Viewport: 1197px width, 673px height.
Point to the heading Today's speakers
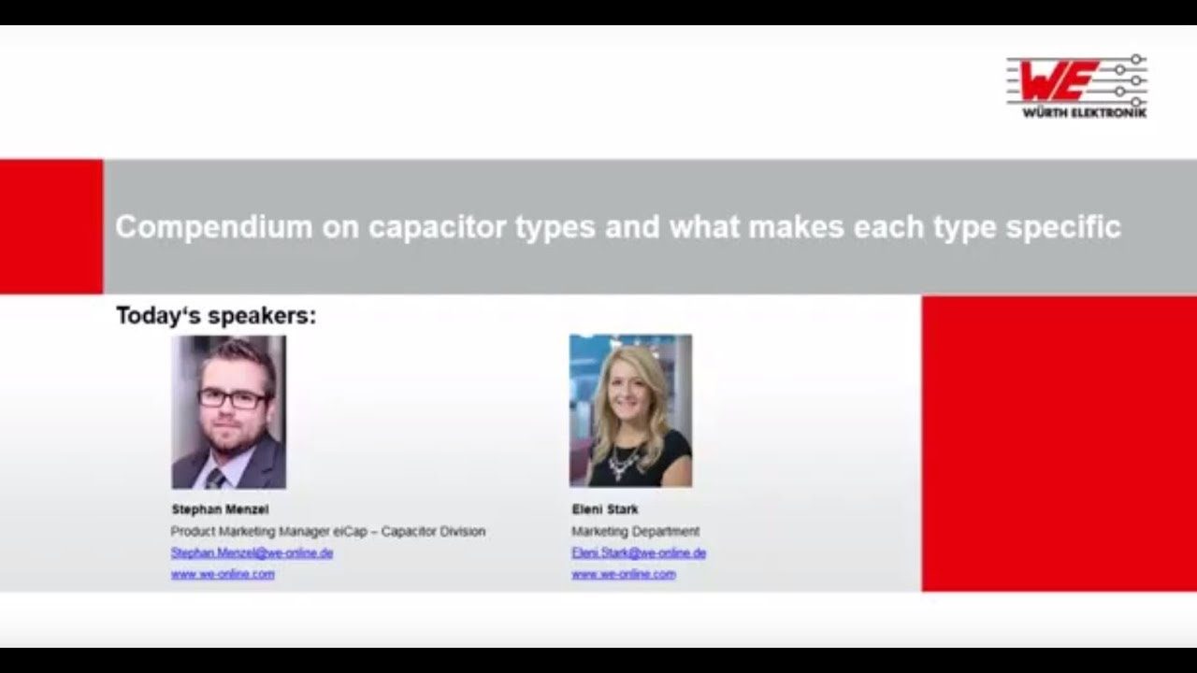tap(216, 316)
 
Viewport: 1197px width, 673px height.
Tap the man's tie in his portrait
tap(216, 478)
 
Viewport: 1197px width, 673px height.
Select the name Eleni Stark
tap(605, 509)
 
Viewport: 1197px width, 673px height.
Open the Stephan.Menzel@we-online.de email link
tap(252, 552)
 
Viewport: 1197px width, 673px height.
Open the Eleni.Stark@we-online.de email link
tap(639, 552)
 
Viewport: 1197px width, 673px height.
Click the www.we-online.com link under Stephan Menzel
tap(223, 574)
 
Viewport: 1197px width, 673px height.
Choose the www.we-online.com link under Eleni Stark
tap(623, 574)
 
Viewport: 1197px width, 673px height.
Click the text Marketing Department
tap(635, 531)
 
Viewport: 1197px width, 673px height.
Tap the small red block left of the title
tap(51, 226)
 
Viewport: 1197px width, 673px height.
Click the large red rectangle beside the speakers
tap(1059, 443)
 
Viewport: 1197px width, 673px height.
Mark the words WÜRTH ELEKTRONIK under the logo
tap(1075, 113)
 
